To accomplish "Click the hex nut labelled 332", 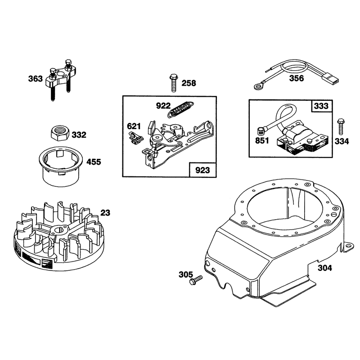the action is coord(60,133).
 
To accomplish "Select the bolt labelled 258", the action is coord(174,83).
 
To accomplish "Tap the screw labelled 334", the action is coord(341,126).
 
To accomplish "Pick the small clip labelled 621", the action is coord(135,138).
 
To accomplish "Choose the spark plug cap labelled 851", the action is coord(261,132).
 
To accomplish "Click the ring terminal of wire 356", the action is coord(259,86).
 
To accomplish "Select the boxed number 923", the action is coord(202,170).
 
